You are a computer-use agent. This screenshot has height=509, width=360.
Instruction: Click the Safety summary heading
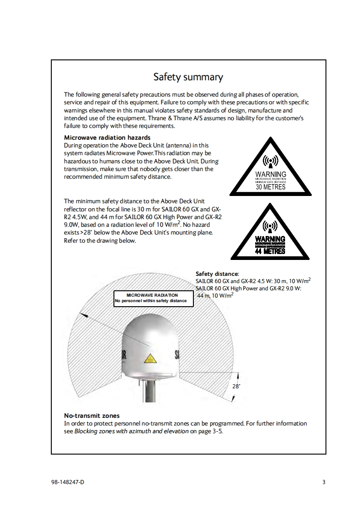tap(188, 77)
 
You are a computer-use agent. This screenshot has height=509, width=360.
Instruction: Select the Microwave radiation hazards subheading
tap(107, 137)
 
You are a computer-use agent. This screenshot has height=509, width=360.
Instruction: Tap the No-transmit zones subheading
tap(92, 416)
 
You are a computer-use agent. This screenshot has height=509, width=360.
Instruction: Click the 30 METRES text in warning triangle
tap(271, 186)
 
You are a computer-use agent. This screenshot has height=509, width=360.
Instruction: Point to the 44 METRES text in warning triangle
tap(271, 251)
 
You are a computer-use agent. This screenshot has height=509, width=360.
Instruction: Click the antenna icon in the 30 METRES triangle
tap(271, 162)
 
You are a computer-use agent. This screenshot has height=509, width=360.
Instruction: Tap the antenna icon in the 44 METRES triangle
tap(271, 226)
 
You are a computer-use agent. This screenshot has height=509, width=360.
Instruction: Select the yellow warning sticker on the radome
tap(150, 359)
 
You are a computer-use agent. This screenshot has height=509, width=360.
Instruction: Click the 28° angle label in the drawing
tap(236, 387)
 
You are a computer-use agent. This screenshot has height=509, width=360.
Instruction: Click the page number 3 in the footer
tap(324, 482)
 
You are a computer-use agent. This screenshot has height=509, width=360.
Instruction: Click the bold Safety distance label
tap(217, 274)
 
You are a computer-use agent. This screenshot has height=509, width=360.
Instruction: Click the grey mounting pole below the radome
tap(149, 391)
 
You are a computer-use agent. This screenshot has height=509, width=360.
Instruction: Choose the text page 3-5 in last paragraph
tap(211, 431)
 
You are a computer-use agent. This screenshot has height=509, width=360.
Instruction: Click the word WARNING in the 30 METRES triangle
tap(271, 174)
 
